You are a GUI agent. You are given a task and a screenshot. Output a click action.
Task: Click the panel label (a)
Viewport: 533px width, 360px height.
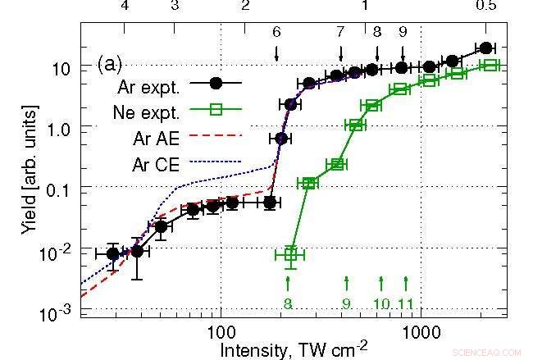pos(110,62)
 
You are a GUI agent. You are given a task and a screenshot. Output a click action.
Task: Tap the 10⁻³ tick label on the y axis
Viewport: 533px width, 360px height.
pos(61,312)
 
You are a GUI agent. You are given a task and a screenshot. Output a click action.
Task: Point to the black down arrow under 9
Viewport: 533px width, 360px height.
pos(403,52)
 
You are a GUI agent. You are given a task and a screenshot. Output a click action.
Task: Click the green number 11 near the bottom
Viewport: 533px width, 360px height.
pos(406,303)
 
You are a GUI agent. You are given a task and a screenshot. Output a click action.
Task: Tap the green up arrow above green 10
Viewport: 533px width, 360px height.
pos(381,283)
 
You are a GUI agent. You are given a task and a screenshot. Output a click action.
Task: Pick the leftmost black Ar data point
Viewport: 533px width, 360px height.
pos(113,253)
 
